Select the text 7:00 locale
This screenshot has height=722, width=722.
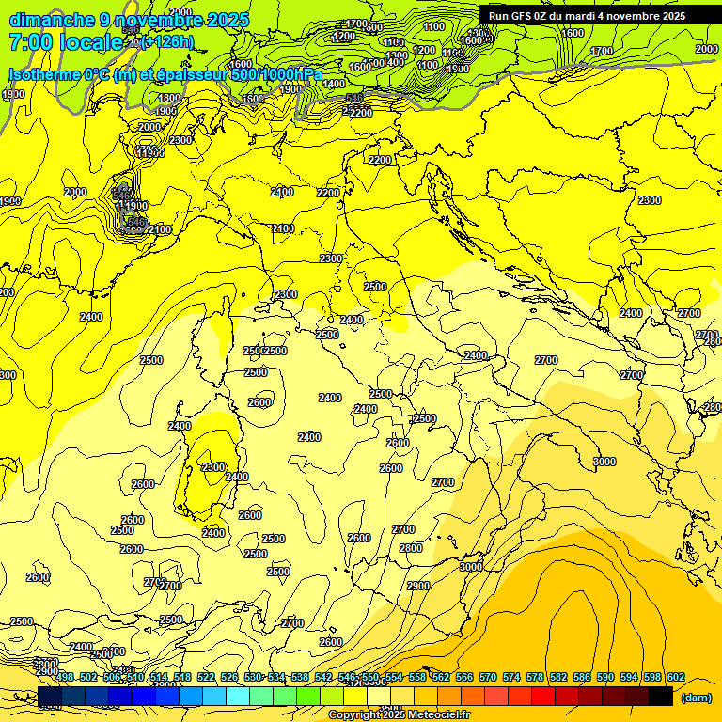pyautogui.click(x=66, y=42)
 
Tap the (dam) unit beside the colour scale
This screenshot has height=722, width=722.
pyautogui.click(x=696, y=698)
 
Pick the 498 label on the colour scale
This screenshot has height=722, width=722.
pyautogui.click(x=65, y=677)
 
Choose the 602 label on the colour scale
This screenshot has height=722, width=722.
pyautogui.click(x=675, y=677)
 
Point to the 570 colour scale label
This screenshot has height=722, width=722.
pyautogui.click(x=487, y=677)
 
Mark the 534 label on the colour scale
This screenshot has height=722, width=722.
pyautogui.click(x=276, y=677)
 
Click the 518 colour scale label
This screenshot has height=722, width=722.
pyautogui.click(x=182, y=677)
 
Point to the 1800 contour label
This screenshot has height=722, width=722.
pyautogui.click(x=169, y=98)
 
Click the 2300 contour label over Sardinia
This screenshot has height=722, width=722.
pyautogui.click(x=213, y=467)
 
